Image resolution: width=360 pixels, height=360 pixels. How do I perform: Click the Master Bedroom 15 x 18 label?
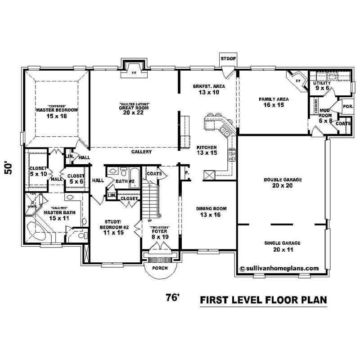tap(57, 112)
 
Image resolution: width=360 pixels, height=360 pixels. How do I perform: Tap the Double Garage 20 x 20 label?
tap(283, 182)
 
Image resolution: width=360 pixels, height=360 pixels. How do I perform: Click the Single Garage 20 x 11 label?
tap(283, 246)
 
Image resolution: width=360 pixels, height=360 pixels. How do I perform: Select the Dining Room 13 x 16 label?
tap(211, 211)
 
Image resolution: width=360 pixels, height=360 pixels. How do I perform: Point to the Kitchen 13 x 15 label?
tap(207, 150)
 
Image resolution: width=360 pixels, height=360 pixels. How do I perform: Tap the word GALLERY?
tap(141, 152)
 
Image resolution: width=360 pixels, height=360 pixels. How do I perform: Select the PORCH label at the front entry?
tap(160, 268)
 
